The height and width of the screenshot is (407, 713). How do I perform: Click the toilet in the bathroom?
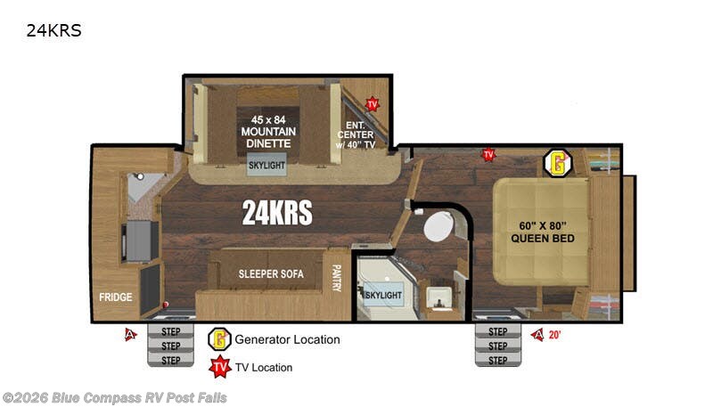click(438, 225)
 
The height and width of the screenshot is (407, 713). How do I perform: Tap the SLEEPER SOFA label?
click(271, 274)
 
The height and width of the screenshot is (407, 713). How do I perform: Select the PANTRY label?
click(337, 278)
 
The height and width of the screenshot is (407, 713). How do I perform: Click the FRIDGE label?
click(116, 297)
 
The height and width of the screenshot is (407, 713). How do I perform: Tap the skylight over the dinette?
click(266, 165)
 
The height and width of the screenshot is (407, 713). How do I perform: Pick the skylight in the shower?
click(383, 296)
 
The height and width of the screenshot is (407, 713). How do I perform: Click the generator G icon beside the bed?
click(558, 164)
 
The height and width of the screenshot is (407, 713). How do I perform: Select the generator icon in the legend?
click(219, 339)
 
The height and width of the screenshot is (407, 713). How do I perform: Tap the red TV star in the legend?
click(220, 367)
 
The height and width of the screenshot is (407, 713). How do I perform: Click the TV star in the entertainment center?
click(373, 104)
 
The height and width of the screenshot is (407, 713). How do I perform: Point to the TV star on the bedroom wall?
click(488, 155)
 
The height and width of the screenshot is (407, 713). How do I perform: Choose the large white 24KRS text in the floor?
click(277, 213)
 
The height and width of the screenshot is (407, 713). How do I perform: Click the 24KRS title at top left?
click(53, 30)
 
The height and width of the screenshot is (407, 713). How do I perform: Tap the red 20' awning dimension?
click(554, 335)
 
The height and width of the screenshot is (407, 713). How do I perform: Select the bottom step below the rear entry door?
click(170, 360)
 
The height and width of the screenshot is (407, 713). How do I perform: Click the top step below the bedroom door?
click(498, 331)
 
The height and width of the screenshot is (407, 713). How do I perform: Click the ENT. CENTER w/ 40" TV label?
click(356, 134)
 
